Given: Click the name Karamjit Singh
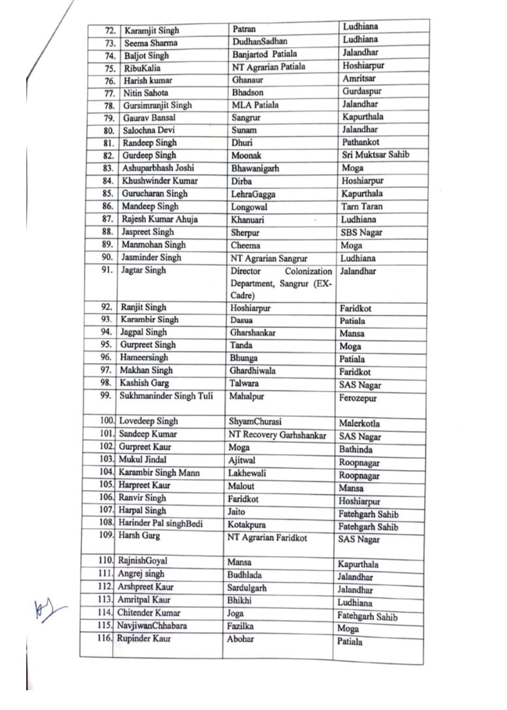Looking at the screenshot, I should (152, 31).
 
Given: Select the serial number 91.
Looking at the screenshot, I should (107, 270).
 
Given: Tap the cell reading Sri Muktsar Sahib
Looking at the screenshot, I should (375, 155).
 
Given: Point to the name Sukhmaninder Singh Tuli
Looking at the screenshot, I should (166, 396).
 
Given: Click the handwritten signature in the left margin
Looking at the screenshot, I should (47, 609).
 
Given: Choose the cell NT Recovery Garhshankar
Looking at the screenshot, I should (277, 435).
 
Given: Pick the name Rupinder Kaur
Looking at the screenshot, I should (144, 638).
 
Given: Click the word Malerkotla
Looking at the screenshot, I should (359, 423).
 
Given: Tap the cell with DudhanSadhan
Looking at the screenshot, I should (260, 41).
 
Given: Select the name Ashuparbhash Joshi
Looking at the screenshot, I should (158, 168).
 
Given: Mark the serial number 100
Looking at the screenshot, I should (107, 421).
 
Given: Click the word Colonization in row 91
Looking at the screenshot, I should (308, 271).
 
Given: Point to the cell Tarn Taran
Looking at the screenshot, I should (361, 206).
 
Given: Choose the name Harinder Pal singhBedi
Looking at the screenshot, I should (161, 523).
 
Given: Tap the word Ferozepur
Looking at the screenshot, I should (358, 398).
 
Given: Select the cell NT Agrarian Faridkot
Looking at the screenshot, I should (267, 538).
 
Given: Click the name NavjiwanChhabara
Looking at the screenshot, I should (152, 625).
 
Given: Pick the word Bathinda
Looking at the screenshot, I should (355, 449).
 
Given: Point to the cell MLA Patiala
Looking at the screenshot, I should (255, 105).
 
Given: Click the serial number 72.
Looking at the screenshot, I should (110, 31).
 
